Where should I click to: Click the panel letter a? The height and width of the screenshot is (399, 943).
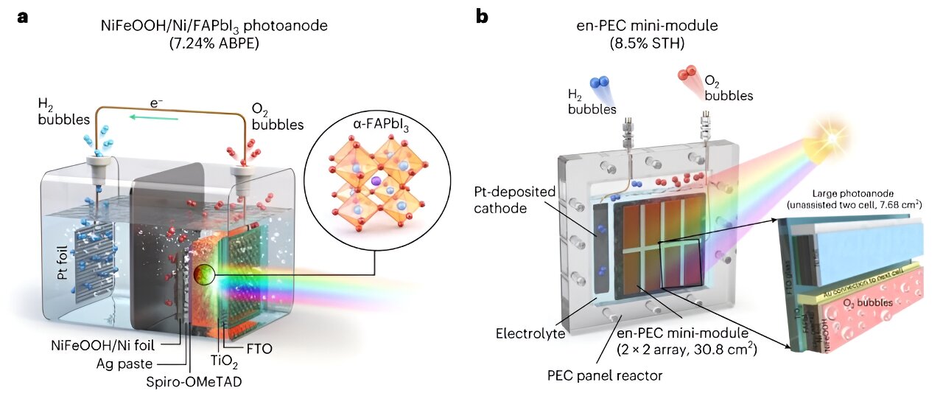point(24,17)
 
